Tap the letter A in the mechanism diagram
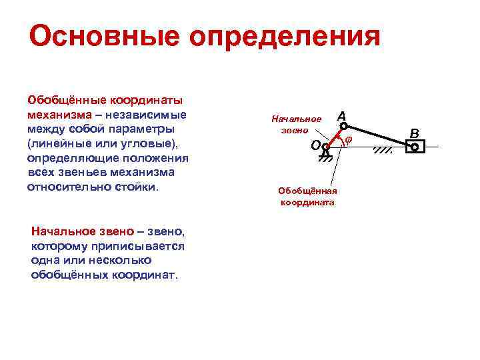click(342, 117)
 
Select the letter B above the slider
click(414, 133)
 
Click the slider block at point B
click(414, 147)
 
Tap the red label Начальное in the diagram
click(296, 119)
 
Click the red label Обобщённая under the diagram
click(307, 191)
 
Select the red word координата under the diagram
click(307, 202)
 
